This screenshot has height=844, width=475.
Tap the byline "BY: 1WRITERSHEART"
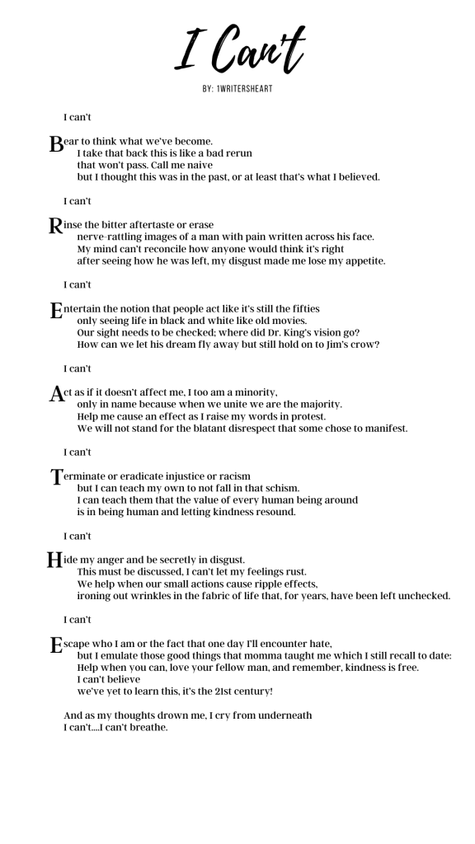(x=237, y=88)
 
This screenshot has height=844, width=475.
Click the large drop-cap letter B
(x=56, y=145)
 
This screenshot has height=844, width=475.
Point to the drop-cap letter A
(x=57, y=394)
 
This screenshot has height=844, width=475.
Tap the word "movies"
(x=285, y=321)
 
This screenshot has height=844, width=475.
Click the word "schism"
(x=280, y=489)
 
